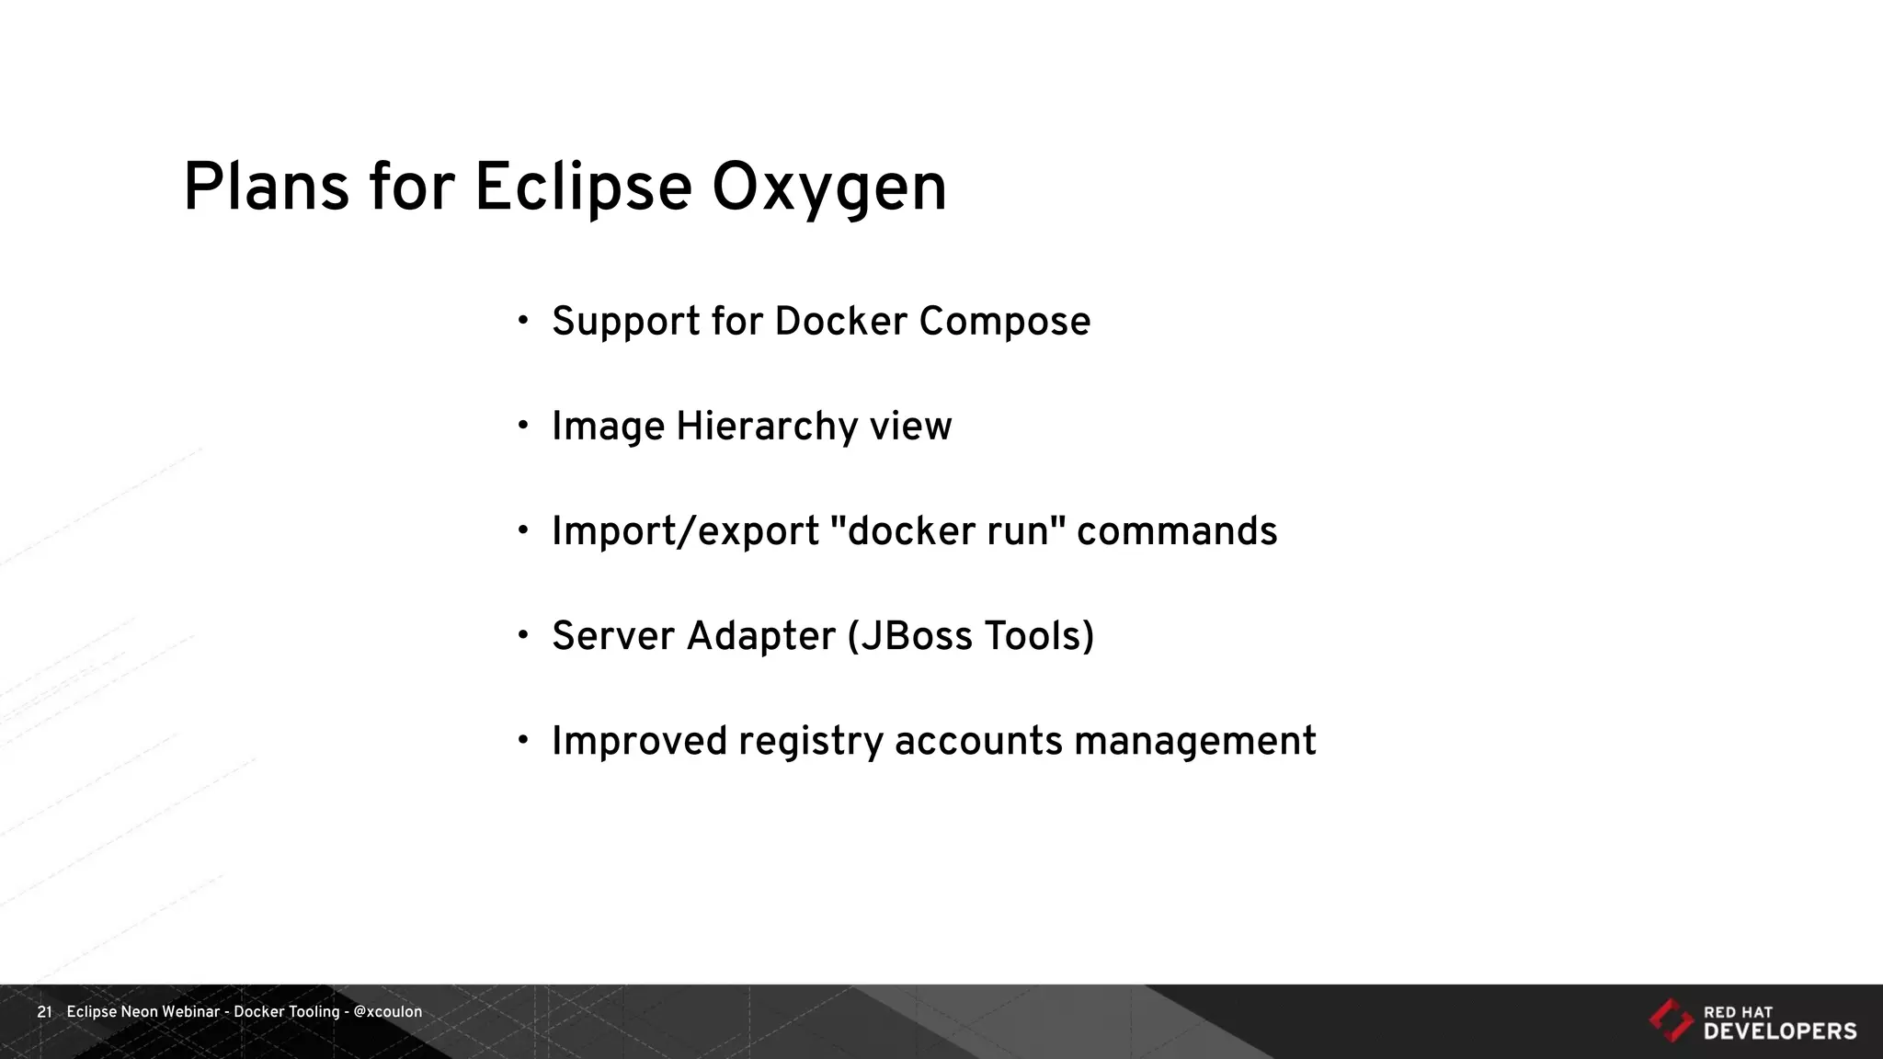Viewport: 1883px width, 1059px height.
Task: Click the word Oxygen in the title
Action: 828,188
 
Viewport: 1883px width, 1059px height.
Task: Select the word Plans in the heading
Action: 266,188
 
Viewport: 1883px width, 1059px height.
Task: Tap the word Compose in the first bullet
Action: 1004,322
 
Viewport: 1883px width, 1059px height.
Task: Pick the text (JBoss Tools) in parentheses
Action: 970,636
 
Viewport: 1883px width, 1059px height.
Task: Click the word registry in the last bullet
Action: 810,742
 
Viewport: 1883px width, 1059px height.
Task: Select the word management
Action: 1194,742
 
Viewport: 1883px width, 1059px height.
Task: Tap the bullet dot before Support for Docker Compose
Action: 523,321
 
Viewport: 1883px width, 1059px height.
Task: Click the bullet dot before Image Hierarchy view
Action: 523,426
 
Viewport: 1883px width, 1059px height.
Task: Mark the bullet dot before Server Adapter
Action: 523,635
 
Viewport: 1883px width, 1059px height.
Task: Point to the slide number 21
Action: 44,1012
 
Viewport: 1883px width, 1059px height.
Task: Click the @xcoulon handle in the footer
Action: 387,1012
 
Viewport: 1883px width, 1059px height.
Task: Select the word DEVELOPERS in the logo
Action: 1780,1031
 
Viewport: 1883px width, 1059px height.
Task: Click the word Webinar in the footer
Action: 190,1012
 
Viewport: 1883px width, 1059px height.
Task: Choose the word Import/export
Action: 685,531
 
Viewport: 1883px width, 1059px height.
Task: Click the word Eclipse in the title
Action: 582,188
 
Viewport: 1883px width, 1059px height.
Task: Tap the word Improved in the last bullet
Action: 639,742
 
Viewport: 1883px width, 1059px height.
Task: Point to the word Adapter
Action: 760,636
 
